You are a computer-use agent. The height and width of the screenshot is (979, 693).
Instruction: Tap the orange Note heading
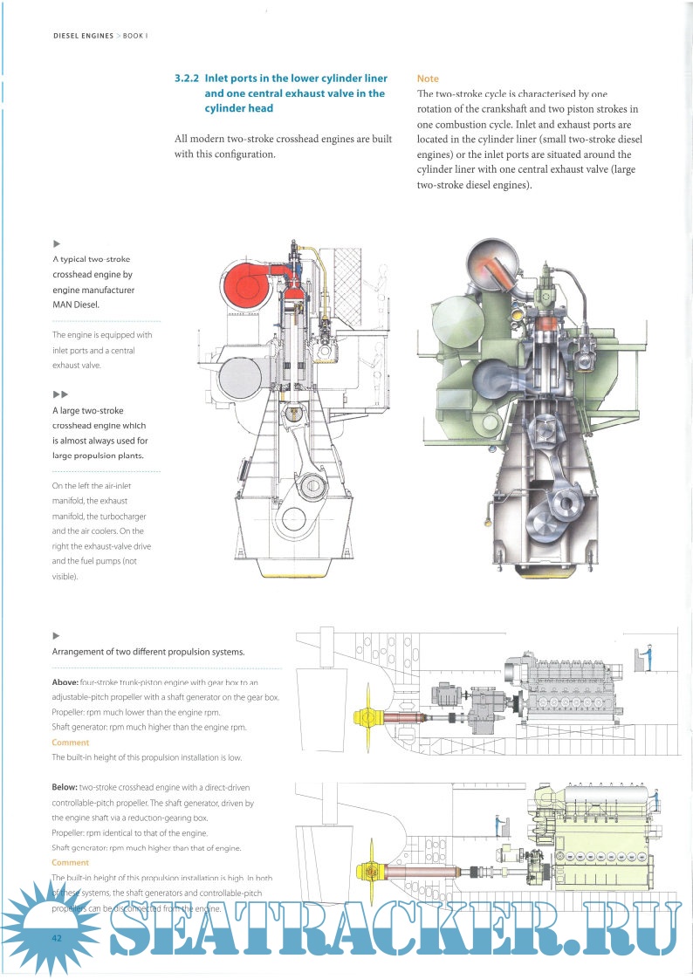click(428, 79)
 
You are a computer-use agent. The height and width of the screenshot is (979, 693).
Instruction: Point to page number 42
click(32, 937)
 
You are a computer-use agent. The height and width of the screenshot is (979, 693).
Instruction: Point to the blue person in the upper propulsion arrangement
click(647, 656)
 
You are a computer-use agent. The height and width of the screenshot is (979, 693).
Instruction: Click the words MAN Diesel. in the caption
click(76, 305)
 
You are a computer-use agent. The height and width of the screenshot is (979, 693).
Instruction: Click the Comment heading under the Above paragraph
click(70, 742)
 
